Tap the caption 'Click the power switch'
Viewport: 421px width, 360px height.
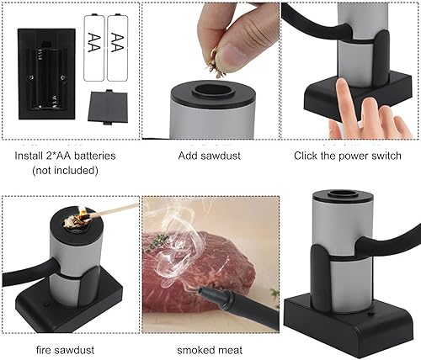click(347, 156)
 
